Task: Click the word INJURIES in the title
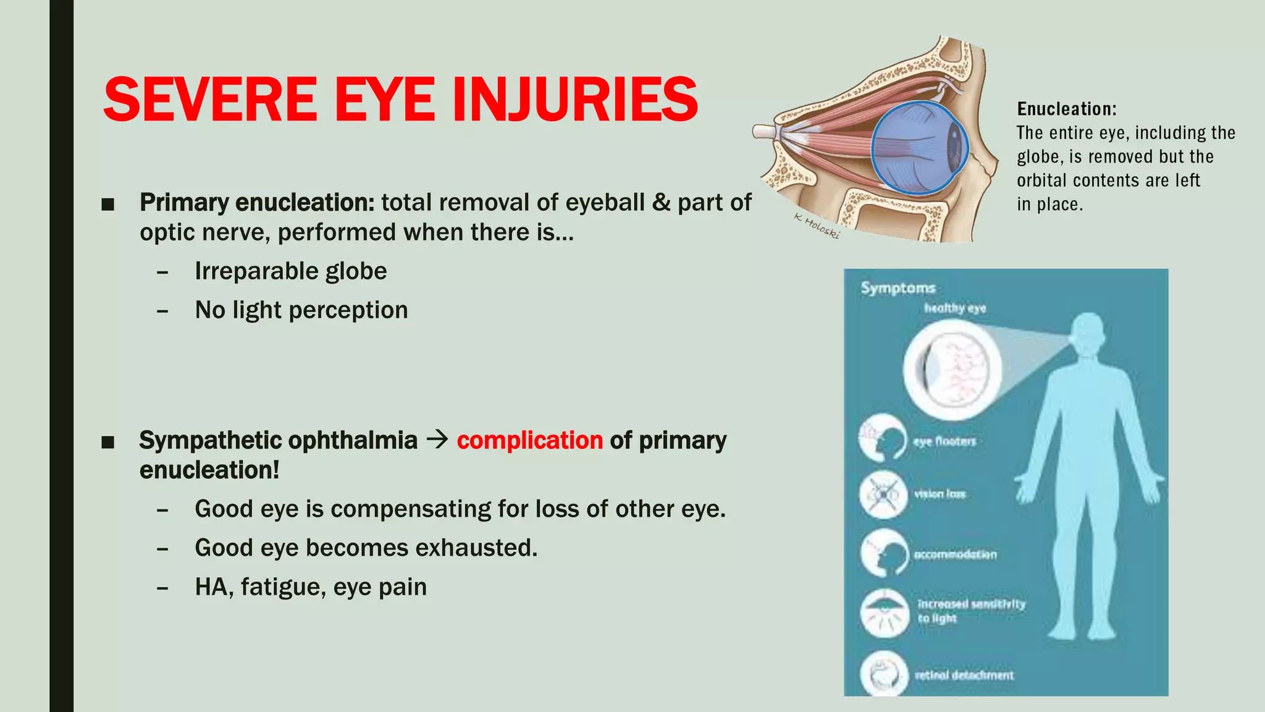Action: [x=574, y=100]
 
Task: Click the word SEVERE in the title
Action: [x=211, y=100]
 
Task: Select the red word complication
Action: [x=529, y=441]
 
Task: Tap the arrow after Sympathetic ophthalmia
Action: [x=437, y=440]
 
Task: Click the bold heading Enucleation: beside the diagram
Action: [x=1067, y=109]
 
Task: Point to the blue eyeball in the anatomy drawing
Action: [x=919, y=148]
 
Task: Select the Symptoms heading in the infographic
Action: [x=898, y=288]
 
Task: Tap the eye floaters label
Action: [x=945, y=441]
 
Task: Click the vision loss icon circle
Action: [x=884, y=494]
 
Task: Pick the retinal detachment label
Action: [x=964, y=676]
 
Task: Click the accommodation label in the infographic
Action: [x=956, y=554]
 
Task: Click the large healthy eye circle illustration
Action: [x=952, y=370]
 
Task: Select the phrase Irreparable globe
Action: [x=291, y=271]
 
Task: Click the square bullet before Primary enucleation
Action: [x=108, y=204]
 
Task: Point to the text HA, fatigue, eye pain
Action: [x=311, y=587]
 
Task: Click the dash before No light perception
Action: [x=162, y=311]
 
